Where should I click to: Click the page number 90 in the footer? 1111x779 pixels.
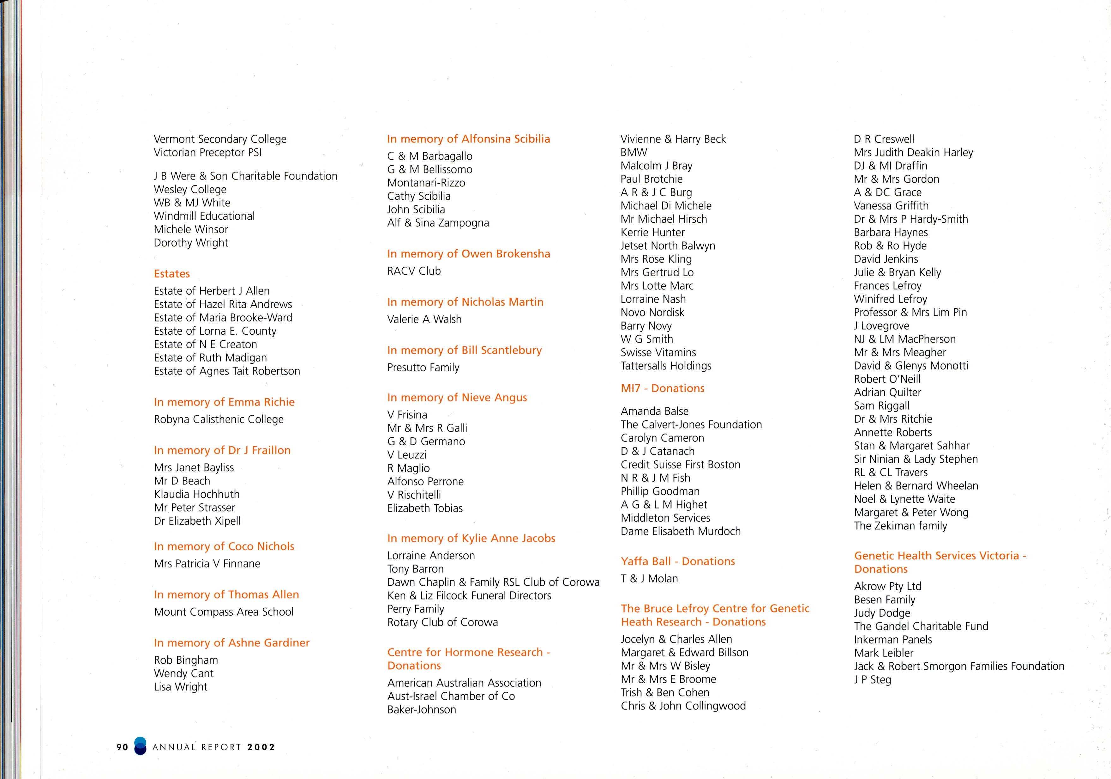tap(123, 747)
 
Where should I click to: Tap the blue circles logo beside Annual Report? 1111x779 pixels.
tap(140, 746)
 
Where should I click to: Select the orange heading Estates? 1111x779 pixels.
tap(172, 274)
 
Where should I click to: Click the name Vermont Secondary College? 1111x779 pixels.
tap(220, 139)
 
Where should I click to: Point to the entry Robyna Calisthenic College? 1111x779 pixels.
tap(219, 419)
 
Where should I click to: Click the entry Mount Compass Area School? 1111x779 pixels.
tap(224, 612)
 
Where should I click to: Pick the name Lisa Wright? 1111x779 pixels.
tap(181, 687)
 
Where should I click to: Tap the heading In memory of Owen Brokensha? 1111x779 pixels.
tap(468, 254)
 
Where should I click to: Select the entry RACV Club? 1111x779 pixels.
tap(414, 271)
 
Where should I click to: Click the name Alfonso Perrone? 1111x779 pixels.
tap(425, 482)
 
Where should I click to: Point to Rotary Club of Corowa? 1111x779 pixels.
tap(442, 623)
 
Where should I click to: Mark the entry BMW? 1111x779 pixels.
tap(634, 153)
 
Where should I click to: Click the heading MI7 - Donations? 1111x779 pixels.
tap(663, 388)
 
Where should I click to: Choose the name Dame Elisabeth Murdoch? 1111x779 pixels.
tap(680, 532)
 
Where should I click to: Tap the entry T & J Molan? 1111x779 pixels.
tap(649, 579)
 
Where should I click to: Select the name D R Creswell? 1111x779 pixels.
tap(884, 139)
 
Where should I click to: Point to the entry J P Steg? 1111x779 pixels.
tap(873, 680)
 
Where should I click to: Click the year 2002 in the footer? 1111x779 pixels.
tap(261, 747)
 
